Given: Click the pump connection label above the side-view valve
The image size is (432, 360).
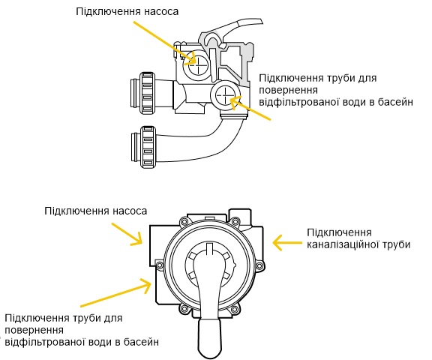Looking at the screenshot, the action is pyautogui.click(x=127, y=11).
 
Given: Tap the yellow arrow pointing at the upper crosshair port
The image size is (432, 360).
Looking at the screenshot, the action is pyautogui.click(x=165, y=43).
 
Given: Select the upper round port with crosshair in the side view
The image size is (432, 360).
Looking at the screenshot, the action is pyautogui.click(x=196, y=65).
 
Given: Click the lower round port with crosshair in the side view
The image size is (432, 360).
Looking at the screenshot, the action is pyautogui.click(x=225, y=95).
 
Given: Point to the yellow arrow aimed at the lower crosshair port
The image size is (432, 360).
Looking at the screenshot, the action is pyautogui.click(x=250, y=108).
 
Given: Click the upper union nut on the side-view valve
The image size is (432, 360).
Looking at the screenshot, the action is pyautogui.click(x=147, y=93).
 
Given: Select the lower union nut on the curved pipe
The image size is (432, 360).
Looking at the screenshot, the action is pyautogui.click(x=148, y=147).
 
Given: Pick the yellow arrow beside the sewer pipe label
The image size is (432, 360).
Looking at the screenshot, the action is pyautogui.click(x=287, y=243).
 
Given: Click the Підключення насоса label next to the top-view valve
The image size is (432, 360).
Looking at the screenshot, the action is pyautogui.click(x=95, y=211).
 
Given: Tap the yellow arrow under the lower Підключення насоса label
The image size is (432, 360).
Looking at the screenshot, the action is pyautogui.click(x=127, y=234).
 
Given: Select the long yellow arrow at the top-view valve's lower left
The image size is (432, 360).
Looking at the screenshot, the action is pyautogui.click(x=116, y=292).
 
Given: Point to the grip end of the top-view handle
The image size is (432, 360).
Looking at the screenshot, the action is pyautogui.click(x=210, y=338).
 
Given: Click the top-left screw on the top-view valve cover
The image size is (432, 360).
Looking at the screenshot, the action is pyautogui.click(x=183, y=221).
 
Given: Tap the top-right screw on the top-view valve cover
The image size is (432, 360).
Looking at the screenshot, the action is pyautogui.click(x=235, y=221).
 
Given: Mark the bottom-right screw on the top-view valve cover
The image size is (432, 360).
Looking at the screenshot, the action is pyautogui.click(x=235, y=309).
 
